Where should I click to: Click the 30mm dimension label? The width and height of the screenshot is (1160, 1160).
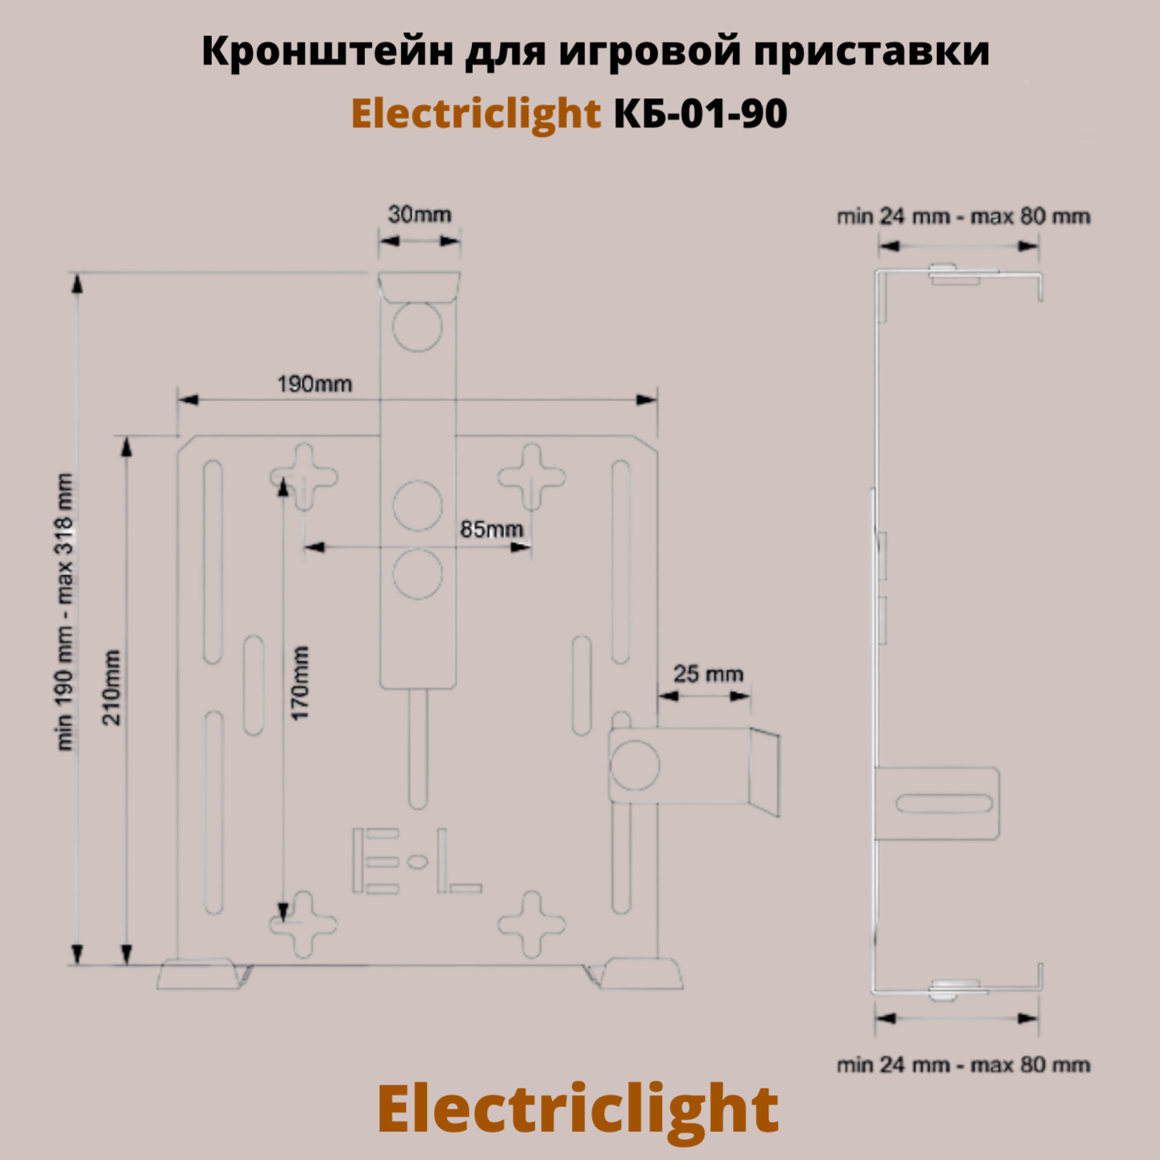420,214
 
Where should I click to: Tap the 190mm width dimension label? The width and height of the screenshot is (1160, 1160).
315,384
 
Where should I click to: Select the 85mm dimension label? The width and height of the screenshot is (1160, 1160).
491,529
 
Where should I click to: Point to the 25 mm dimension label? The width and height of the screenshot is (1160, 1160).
708,673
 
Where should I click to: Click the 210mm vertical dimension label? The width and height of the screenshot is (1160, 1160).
112,687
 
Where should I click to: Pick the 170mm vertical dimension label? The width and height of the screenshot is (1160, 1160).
300,683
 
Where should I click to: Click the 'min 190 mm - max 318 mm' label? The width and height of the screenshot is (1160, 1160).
64,612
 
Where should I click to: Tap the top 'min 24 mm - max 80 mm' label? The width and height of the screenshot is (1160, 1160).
963,217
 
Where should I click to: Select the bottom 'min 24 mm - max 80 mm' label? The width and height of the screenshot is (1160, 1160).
963,1065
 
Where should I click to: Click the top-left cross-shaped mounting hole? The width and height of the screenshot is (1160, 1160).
304,476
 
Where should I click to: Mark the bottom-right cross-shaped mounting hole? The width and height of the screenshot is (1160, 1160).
532,923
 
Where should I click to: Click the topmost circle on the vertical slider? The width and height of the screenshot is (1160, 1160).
417,327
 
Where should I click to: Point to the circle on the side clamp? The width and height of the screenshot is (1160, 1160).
635,764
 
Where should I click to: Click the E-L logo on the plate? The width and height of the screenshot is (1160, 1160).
416,861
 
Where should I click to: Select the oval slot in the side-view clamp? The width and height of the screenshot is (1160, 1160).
943,803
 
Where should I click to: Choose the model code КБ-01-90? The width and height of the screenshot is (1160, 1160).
701,114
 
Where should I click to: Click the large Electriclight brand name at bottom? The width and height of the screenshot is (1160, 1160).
578,1110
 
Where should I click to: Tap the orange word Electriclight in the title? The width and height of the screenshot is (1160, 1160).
476,114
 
